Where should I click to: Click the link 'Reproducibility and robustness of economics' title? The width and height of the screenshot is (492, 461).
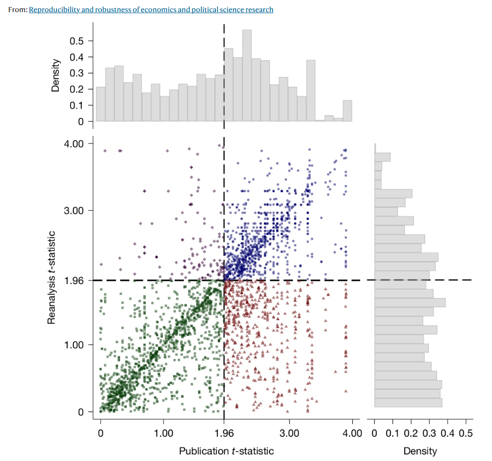pos(151,10)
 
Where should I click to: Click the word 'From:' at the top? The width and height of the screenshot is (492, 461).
pos(18,10)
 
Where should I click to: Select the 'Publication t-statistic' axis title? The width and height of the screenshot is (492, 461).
pos(227,451)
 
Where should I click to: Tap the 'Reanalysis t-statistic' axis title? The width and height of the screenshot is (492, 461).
pos(51,278)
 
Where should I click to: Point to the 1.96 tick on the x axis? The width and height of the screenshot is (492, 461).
pos(224,433)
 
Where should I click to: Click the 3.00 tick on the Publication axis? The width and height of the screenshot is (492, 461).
pos(289,433)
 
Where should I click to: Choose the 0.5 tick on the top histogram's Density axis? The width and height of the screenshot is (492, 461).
pos(78,41)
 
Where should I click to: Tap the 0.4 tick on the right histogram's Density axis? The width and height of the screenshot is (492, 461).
pos(448,433)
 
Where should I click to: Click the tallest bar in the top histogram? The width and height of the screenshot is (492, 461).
pos(247,76)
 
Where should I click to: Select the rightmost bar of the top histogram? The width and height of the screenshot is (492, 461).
pos(347,111)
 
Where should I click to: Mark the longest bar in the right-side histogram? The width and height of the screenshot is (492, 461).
pos(410,303)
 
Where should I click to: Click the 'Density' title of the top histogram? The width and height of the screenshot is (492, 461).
pos(56,76)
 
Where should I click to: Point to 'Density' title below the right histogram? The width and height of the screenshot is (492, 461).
pos(420,451)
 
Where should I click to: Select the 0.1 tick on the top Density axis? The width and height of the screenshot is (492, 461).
pos(78,106)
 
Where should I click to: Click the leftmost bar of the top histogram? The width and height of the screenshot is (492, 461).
pos(101,104)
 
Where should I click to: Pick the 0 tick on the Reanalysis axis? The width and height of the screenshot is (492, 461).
pos(81,412)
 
